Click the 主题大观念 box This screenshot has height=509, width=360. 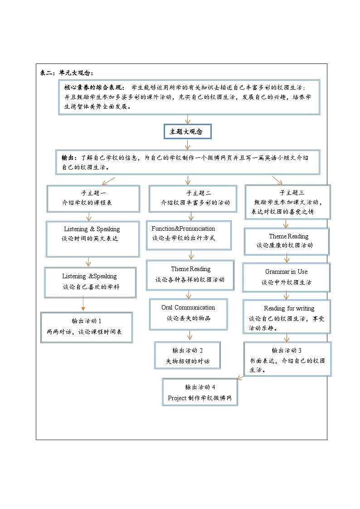[187, 131]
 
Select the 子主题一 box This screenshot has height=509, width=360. [93, 198]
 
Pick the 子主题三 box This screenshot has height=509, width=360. [287, 202]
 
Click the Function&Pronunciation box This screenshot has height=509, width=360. [189, 234]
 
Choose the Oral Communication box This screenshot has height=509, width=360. [188, 313]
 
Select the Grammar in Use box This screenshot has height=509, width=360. [286, 277]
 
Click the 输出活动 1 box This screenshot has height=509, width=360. [86, 327]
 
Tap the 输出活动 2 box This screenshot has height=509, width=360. [187, 356]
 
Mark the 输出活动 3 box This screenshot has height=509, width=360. [287, 359]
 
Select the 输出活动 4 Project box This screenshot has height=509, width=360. [200, 393]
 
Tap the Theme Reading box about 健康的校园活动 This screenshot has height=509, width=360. [286, 241]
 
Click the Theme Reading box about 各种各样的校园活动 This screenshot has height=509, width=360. [190, 274]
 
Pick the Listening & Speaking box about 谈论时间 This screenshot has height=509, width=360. [92, 238]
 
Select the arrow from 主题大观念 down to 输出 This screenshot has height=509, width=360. [187, 144]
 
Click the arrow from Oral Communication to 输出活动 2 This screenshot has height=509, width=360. [190, 335]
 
